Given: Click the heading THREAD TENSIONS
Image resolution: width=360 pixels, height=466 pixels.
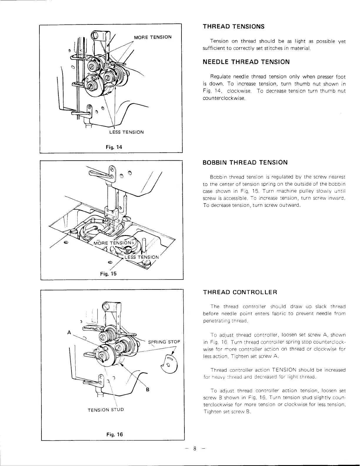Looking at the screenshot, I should pyautogui.click(x=234, y=26).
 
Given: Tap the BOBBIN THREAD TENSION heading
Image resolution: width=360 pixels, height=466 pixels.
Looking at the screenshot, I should pyautogui.click(x=245, y=162).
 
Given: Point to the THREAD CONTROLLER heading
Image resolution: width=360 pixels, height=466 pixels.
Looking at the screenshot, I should pyautogui.click(x=240, y=292).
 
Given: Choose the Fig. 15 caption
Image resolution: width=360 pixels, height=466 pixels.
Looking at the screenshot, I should pyautogui.click(x=108, y=274).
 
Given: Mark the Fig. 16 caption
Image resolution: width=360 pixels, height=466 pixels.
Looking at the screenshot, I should pyautogui.click(x=115, y=434).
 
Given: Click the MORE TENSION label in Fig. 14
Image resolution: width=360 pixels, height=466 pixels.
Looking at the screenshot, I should pyautogui.click(x=153, y=37).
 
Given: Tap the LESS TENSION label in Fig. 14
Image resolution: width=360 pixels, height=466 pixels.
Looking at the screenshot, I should pyautogui.click(x=126, y=132).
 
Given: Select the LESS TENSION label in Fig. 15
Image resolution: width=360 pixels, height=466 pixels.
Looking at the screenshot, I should pyautogui.click(x=142, y=257).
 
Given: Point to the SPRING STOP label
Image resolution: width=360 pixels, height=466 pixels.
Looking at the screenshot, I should pyautogui.click(x=164, y=342).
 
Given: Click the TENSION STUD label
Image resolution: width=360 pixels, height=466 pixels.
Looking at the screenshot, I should pyautogui.click(x=106, y=410).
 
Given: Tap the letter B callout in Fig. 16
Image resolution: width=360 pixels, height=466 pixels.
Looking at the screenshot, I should pyautogui.click(x=148, y=390).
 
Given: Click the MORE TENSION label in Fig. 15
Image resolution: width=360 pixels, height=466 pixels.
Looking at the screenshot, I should pyautogui.click(x=114, y=243).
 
